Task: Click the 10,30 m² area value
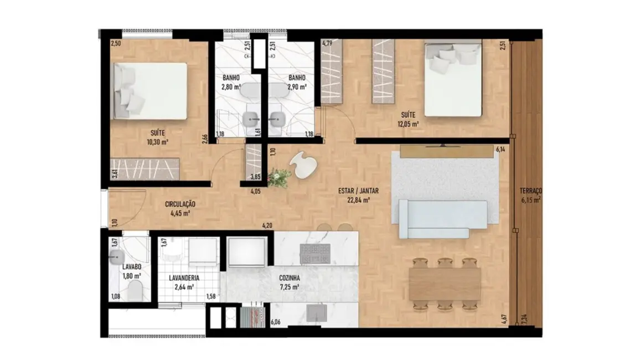(x=157, y=142)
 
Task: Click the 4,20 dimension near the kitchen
(x=267, y=226)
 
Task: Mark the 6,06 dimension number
(x=275, y=321)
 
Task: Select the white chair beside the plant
(x=304, y=164)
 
